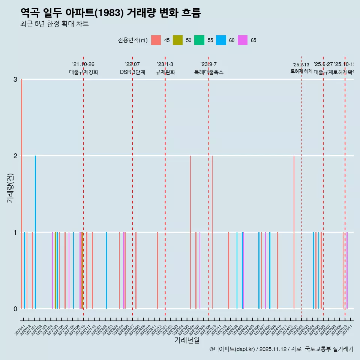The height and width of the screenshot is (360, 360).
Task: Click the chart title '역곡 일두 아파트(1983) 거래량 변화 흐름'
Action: (x=111, y=13)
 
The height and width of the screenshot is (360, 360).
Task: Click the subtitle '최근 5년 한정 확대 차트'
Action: (x=54, y=24)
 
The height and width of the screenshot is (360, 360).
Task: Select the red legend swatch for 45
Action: (x=156, y=40)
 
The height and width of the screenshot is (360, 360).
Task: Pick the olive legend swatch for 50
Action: (x=178, y=40)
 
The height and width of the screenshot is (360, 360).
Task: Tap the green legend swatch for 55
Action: (x=199, y=40)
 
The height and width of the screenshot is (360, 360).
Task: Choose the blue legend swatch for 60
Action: (x=221, y=40)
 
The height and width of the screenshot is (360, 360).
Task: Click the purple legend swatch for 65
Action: (x=243, y=40)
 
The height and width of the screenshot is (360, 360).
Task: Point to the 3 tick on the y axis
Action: (x=15, y=79)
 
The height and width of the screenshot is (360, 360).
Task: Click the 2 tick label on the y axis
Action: (x=15, y=156)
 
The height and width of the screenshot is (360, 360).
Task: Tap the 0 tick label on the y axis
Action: (x=15, y=309)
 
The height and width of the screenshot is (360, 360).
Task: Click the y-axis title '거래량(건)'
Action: (x=10, y=188)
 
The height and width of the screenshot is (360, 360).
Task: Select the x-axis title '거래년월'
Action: (x=187, y=340)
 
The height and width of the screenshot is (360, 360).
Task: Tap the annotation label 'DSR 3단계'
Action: (x=132, y=72)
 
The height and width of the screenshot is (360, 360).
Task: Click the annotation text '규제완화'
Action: (x=165, y=72)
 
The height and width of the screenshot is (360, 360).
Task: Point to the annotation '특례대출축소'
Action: (x=208, y=72)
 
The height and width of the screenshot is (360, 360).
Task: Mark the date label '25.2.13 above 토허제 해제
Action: (x=301, y=65)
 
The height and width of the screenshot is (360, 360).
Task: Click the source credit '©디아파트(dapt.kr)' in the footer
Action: (x=232, y=349)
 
